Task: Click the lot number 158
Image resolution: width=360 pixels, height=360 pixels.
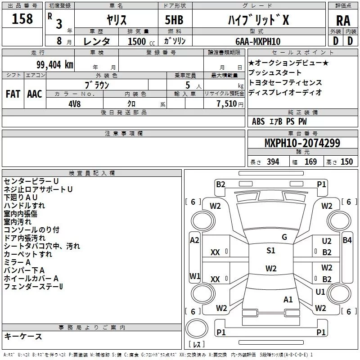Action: point(22,18)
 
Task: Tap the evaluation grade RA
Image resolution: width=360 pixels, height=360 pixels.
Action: point(343,21)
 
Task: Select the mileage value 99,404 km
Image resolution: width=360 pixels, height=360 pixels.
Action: point(55,65)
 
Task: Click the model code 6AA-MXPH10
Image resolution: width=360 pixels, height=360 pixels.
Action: point(258,41)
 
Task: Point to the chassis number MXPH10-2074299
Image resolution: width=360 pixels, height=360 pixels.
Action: point(302,143)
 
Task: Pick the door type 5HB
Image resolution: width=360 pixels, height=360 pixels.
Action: point(174,20)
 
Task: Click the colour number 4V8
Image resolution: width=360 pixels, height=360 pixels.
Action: point(74,104)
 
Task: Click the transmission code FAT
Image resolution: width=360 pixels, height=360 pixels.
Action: point(13,94)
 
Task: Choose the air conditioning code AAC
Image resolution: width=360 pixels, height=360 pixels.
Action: point(35,94)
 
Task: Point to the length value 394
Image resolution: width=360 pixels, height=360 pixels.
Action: point(273,162)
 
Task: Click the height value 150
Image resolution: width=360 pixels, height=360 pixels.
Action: point(346,162)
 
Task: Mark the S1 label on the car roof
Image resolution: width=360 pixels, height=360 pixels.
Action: point(271,250)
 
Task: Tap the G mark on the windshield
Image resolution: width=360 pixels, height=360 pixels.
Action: point(284,237)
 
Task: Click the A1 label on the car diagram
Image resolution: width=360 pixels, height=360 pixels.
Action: point(288,299)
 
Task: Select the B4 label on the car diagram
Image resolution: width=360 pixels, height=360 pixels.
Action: point(347,240)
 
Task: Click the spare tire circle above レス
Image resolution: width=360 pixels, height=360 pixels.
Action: point(197,328)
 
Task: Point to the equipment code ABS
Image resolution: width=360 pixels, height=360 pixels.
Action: point(258,121)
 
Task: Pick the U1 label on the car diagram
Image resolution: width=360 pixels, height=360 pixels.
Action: point(320,292)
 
